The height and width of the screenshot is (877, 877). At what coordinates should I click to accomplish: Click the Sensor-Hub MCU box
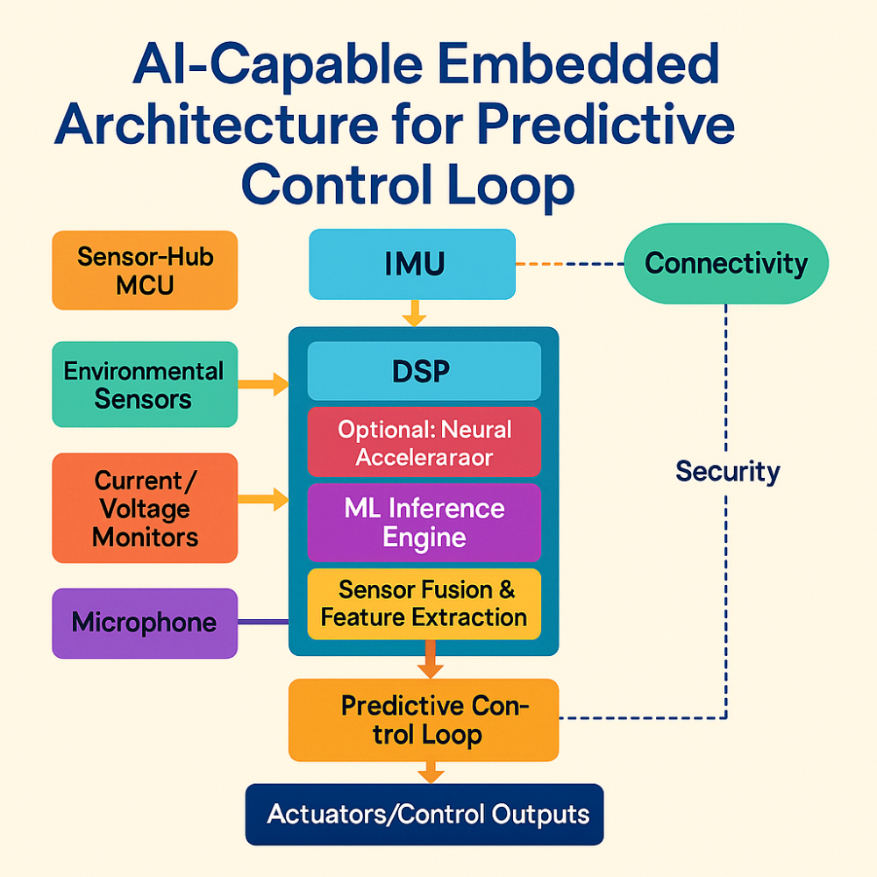tap(145, 270)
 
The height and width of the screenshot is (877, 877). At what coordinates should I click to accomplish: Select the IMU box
tap(411, 264)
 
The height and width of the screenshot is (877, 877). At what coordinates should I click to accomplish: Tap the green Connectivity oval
tap(725, 263)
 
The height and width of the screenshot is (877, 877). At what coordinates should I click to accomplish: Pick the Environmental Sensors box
tap(145, 384)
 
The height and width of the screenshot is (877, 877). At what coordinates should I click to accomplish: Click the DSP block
tap(424, 371)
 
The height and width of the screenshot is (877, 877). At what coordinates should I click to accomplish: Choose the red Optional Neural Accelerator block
tap(424, 443)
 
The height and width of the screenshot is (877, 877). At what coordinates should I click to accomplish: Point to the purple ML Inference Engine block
tap(424, 523)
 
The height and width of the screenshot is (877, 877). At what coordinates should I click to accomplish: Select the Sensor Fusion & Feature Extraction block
tap(424, 603)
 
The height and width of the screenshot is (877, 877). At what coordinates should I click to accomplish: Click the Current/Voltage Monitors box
tap(145, 508)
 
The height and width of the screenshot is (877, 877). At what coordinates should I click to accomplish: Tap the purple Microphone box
tap(145, 624)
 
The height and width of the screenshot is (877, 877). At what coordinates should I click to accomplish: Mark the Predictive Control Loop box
tap(424, 719)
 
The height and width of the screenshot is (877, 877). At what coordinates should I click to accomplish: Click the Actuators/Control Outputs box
tap(424, 814)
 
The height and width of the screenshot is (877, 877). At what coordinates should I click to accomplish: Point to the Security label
tap(727, 472)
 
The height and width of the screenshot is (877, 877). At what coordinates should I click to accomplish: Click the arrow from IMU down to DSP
tap(413, 312)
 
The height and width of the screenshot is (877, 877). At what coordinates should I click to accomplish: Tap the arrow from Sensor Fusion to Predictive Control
tap(430, 660)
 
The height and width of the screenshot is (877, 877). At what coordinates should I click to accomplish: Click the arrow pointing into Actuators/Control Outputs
tap(430, 772)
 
